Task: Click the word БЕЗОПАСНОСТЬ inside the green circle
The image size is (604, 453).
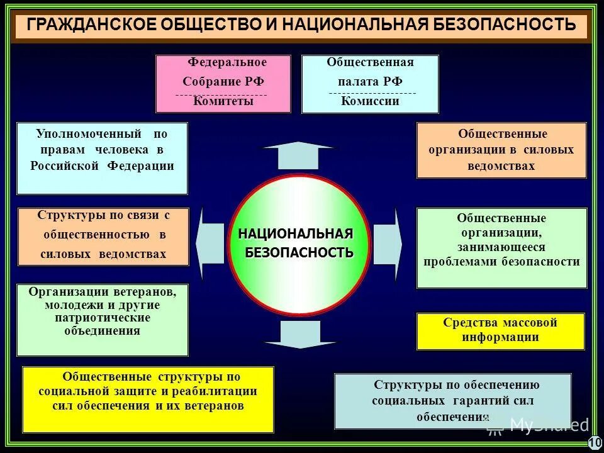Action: [x=299, y=252]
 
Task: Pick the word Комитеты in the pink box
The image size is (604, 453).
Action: [x=223, y=101]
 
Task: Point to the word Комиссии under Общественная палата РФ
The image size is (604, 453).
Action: [x=371, y=101]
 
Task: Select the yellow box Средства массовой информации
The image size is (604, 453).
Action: [x=500, y=330]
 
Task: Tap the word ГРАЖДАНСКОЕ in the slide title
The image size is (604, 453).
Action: [x=87, y=25]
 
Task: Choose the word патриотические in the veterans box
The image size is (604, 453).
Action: [x=102, y=318]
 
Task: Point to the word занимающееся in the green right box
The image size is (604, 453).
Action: [x=501, y=247]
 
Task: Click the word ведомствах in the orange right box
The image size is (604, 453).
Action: [x=501, y=166]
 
